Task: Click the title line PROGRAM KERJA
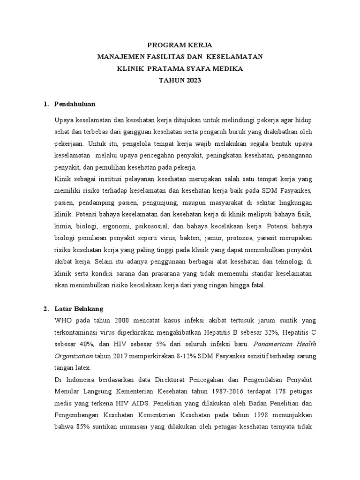180,45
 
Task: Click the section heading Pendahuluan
75,104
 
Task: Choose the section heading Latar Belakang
78,309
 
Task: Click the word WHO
63,321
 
